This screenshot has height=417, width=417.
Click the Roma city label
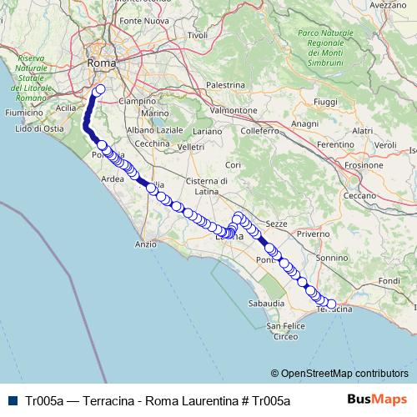(x=102, y=62)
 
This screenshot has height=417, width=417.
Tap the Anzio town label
(x=145, y=244)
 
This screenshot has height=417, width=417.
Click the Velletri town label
(x=190, y=147)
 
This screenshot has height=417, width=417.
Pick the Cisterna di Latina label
(x=212, y=187)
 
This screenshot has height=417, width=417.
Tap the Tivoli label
(x=197, y=35)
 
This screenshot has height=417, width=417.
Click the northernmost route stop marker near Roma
(x=101, y=89)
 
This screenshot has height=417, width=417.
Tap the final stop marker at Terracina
(x=332, y=304)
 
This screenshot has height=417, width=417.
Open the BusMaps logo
(x=381, y=399)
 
